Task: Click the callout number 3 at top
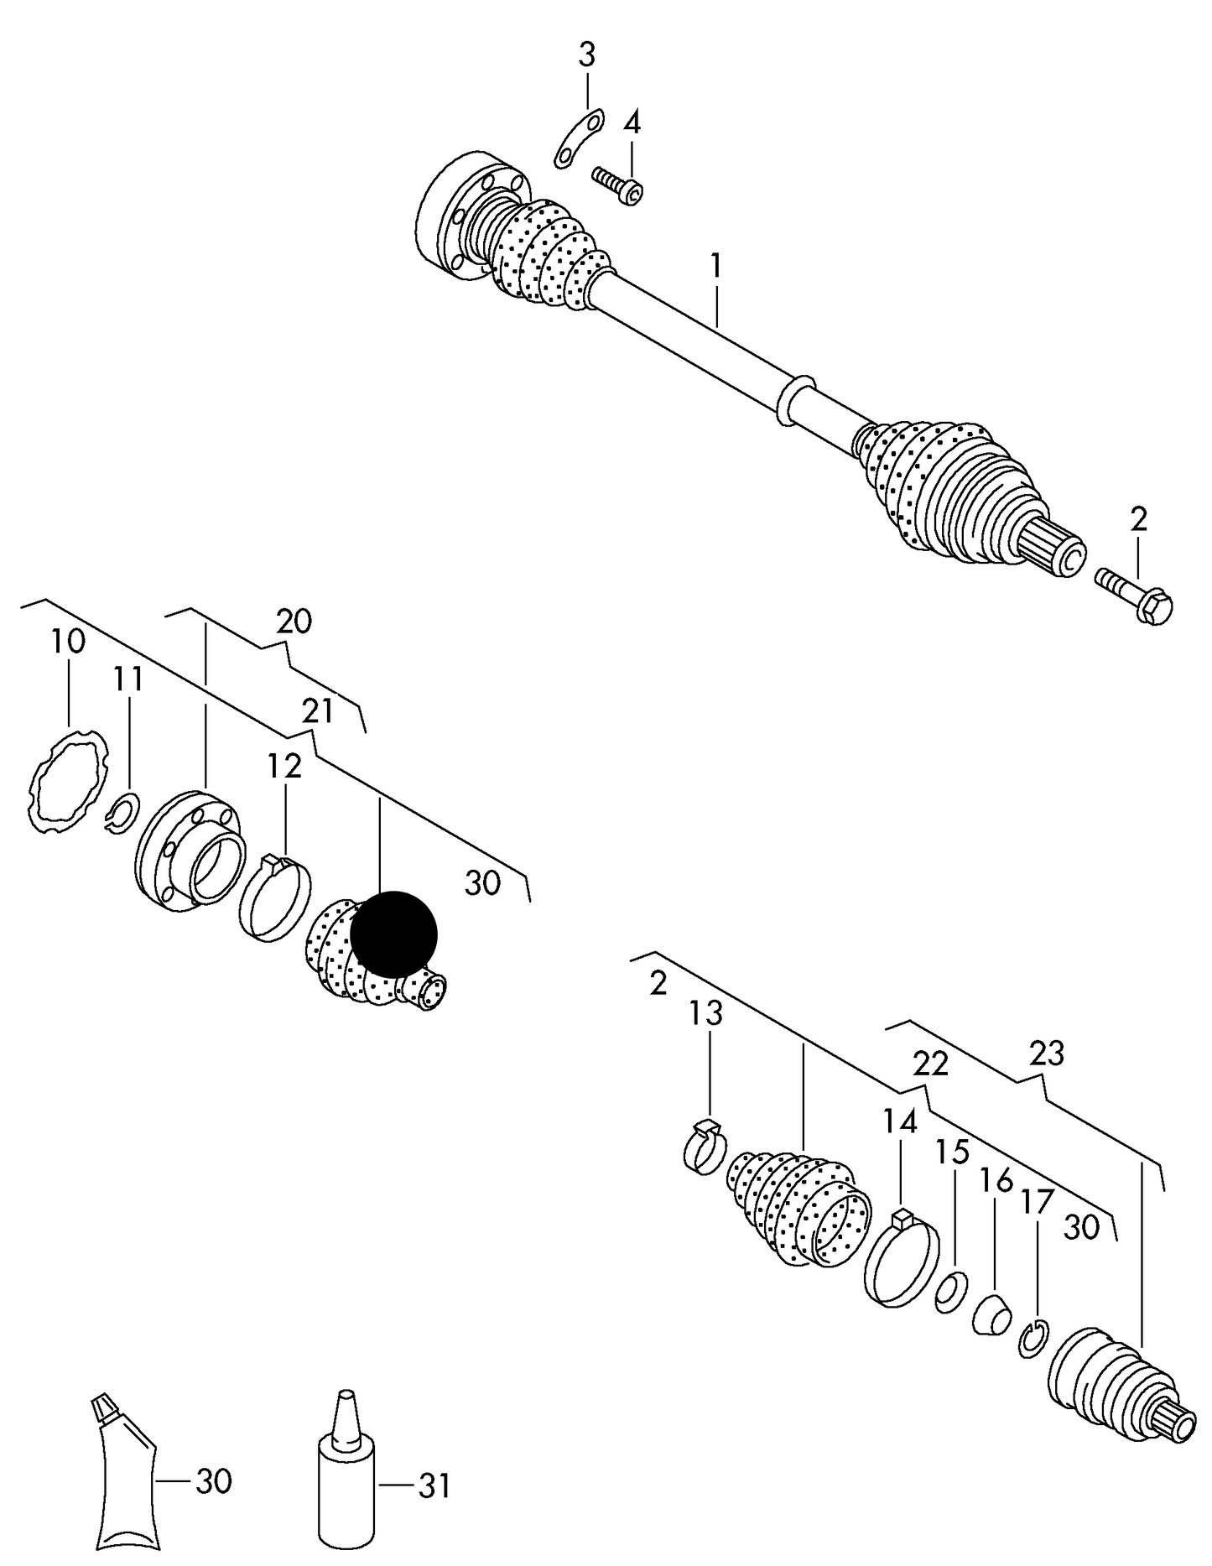(x=586, y=56)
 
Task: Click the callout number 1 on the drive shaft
(x=715, y=268)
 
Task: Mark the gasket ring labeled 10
(x=68, y=780)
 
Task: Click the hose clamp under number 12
(x=274, y=897)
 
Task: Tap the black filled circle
(x=393, y=934)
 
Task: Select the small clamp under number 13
(x=705, y=1147)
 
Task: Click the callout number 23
(x=1047, y=1054)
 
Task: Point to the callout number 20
(x=294, y=622)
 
